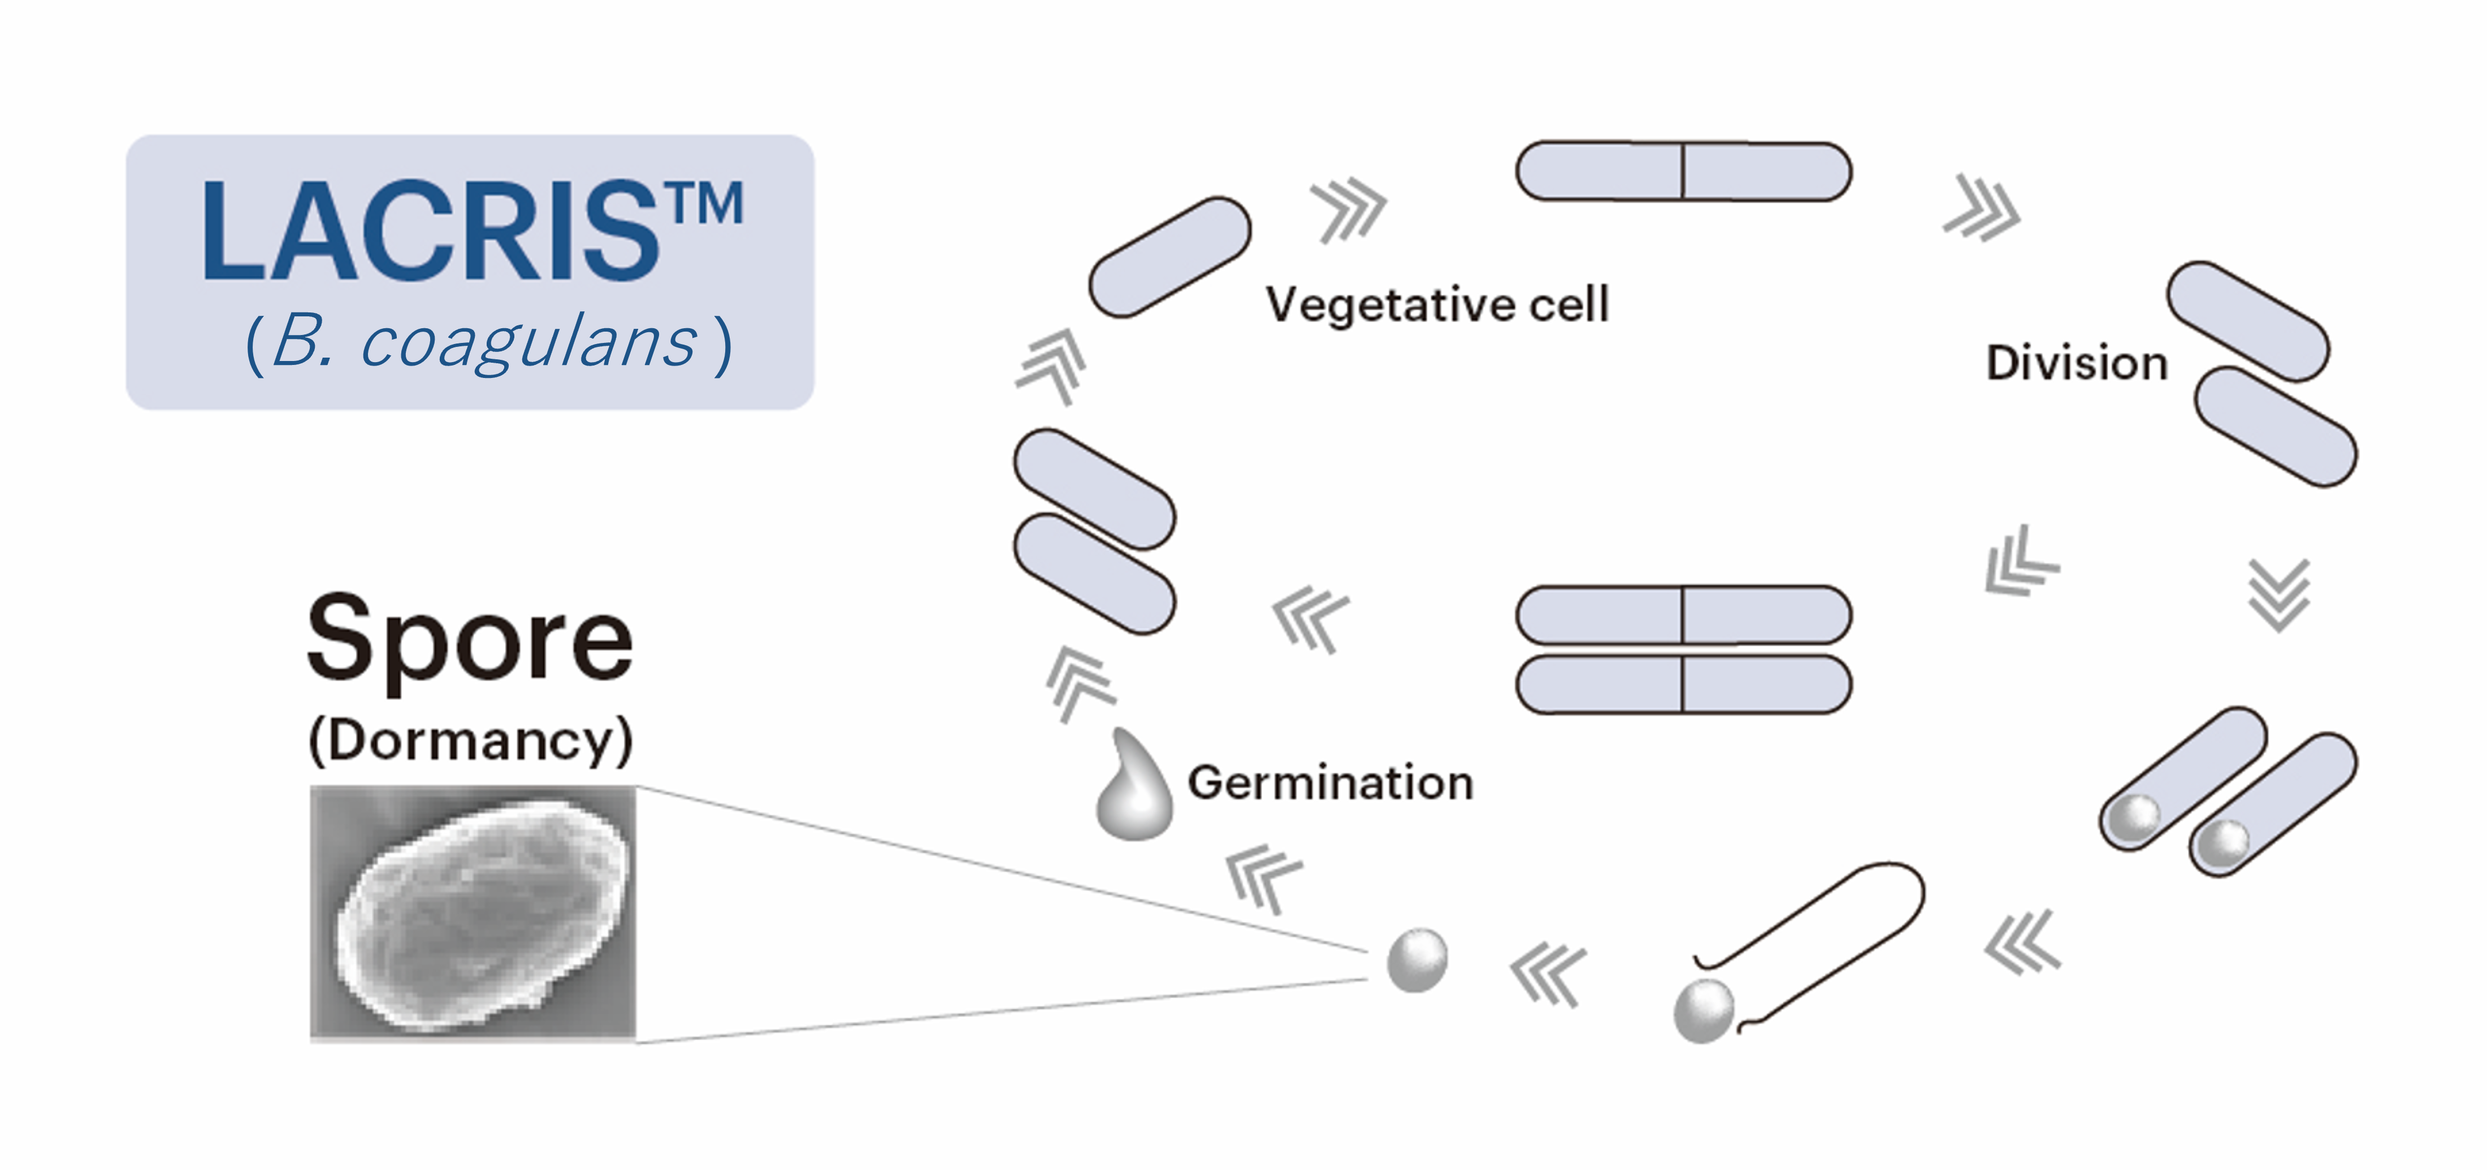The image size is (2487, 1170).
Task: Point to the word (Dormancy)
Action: click(470, 741)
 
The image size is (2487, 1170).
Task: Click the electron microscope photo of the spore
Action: click(473, 913)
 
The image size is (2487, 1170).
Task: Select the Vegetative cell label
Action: click(1437, 305)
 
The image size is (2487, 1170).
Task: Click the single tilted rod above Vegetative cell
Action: click(1169, 258)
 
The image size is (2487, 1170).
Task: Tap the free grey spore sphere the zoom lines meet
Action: click(1417, 960)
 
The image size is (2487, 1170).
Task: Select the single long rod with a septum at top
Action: click(1683, 172)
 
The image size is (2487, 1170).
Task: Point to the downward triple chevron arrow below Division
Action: click(2280, 595)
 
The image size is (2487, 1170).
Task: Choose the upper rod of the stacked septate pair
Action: click(1683, 615)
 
